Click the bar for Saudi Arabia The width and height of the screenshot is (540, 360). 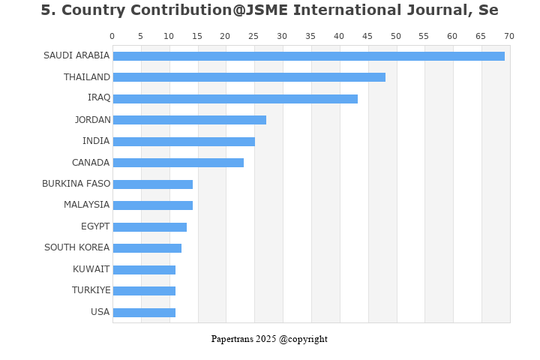[308, 56]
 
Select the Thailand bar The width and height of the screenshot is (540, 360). [249, 77]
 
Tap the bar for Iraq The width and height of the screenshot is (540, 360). [235, 99]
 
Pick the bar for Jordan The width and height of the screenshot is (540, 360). [189, 120]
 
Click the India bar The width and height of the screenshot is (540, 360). [184, 142]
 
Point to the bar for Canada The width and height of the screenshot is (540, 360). [178, 163]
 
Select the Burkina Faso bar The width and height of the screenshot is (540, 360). [152, 184]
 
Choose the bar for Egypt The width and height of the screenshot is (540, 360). [149, 227]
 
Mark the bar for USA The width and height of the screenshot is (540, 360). [144, 313]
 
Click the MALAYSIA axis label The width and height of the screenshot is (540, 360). [86, 205]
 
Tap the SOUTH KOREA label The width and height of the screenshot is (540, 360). [76, 247]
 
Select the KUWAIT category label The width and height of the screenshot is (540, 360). [91, 269]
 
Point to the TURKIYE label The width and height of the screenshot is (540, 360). [91, 290]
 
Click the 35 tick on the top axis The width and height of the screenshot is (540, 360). [310, 36]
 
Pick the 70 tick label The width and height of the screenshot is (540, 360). [509, 36]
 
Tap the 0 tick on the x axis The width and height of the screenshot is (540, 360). [112, 36]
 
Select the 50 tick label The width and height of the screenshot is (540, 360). [395, 36]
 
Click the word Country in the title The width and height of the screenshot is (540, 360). [89, 10]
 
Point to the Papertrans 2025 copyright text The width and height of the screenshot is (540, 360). [269, 339]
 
